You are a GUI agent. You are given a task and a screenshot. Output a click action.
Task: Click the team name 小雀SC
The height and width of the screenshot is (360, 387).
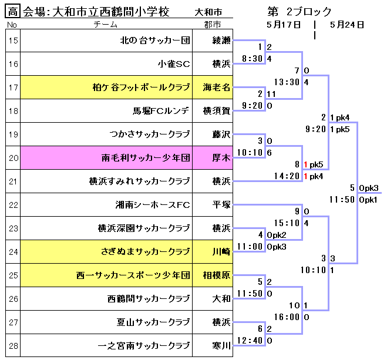174,64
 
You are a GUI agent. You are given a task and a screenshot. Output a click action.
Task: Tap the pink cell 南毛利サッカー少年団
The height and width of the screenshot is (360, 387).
146,157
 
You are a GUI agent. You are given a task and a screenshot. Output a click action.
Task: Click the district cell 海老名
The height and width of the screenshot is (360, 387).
216,88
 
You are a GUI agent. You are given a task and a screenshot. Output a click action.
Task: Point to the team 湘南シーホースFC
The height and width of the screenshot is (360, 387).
153,205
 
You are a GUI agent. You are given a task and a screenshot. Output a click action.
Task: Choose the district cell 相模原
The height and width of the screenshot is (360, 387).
216,275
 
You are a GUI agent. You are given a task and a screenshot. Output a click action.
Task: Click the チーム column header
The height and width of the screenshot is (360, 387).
106,25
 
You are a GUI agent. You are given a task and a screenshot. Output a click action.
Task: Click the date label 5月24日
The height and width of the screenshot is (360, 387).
346,25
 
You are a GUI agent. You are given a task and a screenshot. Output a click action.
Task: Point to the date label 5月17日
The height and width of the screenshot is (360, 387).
283,25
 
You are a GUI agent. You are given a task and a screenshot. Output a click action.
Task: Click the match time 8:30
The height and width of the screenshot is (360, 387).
253,59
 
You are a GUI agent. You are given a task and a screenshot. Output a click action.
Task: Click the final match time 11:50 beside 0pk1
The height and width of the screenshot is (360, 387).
342,199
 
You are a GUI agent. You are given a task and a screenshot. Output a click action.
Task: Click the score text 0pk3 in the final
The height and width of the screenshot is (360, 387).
368,188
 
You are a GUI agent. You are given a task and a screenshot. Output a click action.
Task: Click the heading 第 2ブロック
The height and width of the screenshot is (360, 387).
299,12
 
